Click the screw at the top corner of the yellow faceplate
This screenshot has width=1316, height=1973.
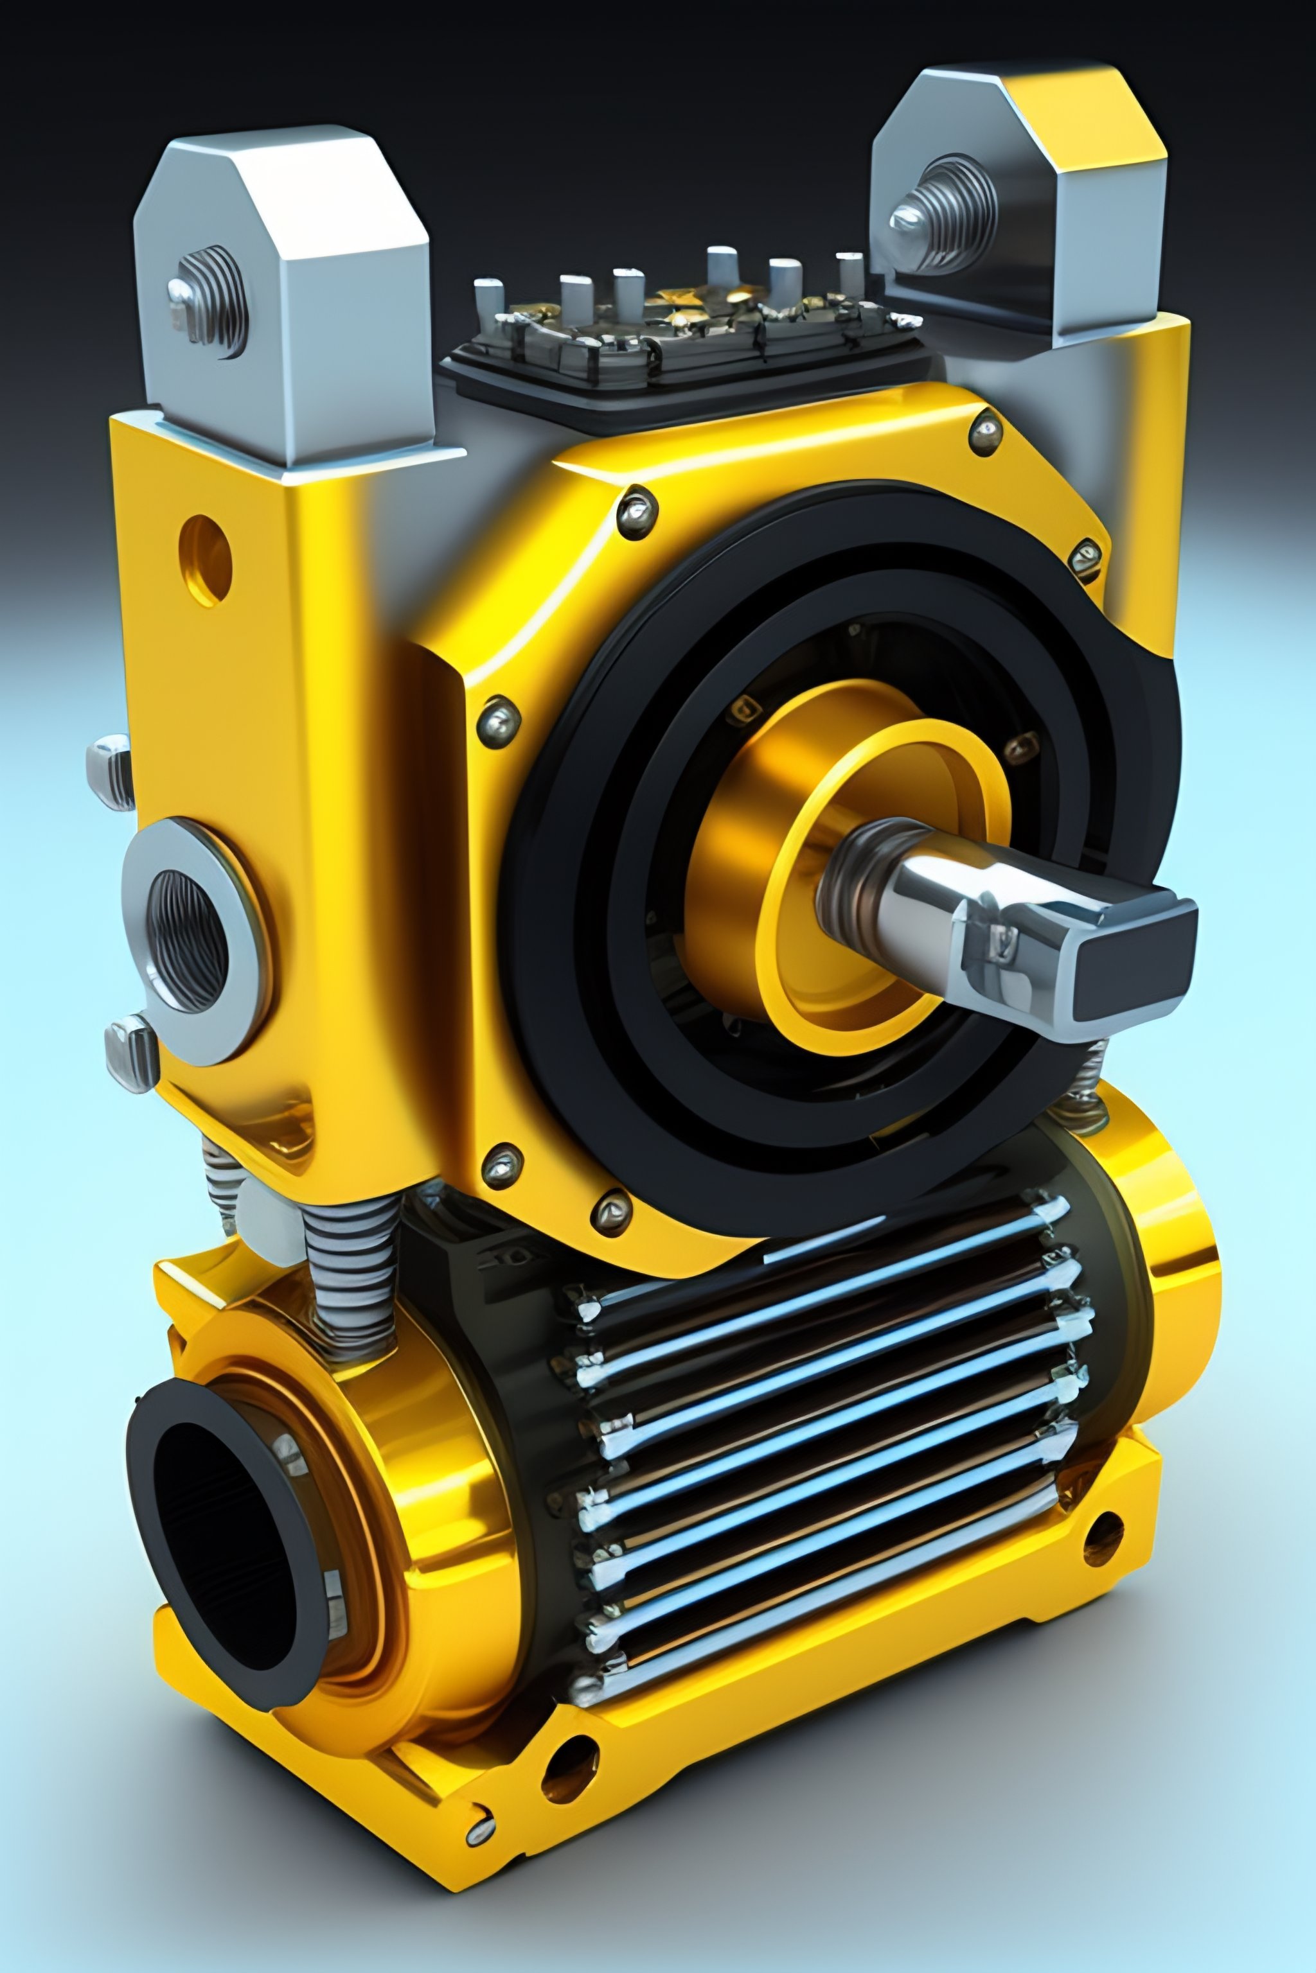pyautogui.click(x=984, y=433)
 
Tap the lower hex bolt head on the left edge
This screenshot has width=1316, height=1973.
pyautogui.click(x=130, y=1053)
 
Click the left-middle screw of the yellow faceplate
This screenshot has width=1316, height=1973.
pyautogui.click(x=499, y=718)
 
